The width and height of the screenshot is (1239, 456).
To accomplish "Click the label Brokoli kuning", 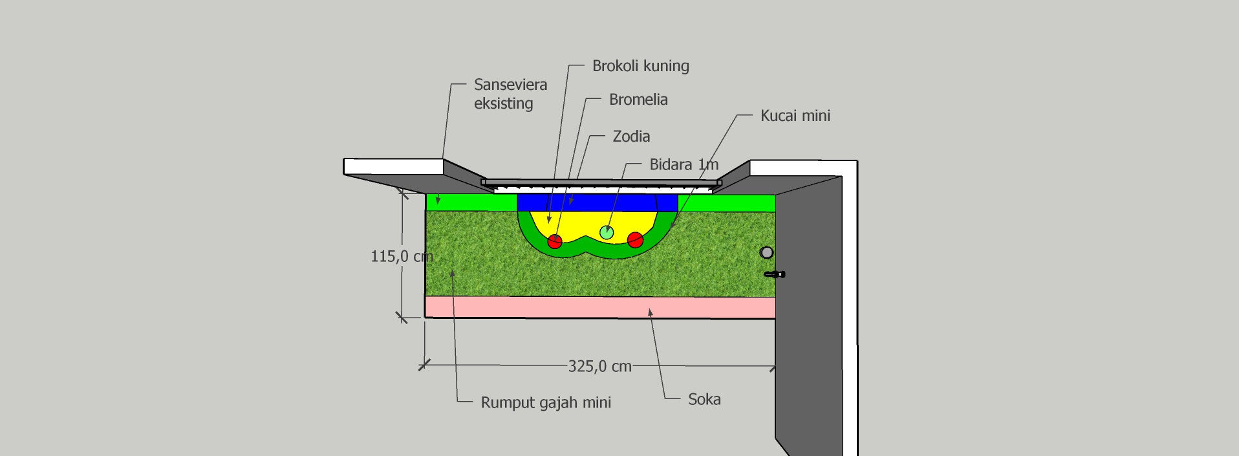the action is (640, 66).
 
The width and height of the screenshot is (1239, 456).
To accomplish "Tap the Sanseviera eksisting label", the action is (510, 94).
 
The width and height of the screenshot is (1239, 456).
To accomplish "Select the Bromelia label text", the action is (638, 100).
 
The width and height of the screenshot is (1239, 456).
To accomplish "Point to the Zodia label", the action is (631, 136).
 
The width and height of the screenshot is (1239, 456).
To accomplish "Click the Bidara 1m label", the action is (684, 164).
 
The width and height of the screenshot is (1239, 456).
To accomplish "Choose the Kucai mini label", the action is (795, 116).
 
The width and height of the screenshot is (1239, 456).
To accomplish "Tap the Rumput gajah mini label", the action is (546, 403).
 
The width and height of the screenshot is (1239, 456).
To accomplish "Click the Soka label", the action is (704, 400).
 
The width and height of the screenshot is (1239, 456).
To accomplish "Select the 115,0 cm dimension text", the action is (402, 257).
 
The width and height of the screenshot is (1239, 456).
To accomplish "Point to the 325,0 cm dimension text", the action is (599, 367).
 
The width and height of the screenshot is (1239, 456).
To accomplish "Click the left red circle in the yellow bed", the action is (555, 242).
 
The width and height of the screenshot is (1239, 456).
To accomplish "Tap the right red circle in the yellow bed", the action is (636, 240).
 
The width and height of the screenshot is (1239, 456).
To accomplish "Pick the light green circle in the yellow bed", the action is (607, 232).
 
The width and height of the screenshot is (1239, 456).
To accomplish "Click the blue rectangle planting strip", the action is (597, 203).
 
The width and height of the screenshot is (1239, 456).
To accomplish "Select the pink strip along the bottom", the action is (600, 307).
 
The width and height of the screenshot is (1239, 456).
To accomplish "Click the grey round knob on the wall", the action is (766, 252).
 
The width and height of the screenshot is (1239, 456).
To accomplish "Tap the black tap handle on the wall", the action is (775, 275).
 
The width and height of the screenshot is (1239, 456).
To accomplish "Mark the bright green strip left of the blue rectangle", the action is (471, 202).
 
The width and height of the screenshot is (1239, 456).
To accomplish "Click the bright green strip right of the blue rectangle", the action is (726, 203).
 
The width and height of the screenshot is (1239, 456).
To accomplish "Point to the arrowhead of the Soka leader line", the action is (650, 313).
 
